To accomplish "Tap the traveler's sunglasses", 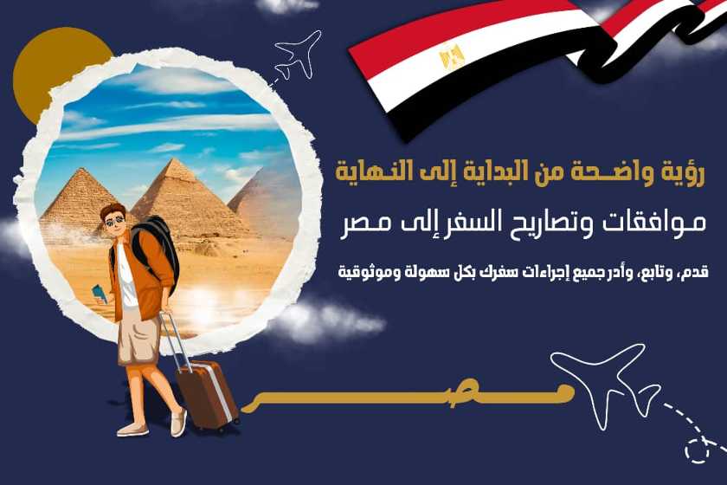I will tap(114, 221).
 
